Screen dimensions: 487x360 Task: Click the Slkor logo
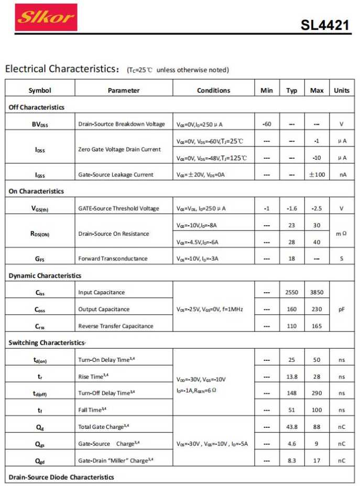coord(46,18)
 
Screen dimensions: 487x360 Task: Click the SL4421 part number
coord(325,25)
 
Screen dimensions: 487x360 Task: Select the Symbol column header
coord(40,91)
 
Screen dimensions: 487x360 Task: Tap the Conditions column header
coord(213,91)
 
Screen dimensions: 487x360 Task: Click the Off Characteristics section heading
coord(37,107)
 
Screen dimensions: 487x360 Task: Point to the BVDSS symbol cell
coord(40,125)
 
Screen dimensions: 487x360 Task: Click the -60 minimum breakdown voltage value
coord(266,124)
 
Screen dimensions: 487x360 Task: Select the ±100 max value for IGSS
coord(317,174)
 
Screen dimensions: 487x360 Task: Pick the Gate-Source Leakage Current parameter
coord(116,175)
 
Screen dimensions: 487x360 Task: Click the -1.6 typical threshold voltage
coord(292,208)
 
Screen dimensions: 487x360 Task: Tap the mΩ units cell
coord(341,234)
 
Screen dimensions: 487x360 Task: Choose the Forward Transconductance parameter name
coord(113,259)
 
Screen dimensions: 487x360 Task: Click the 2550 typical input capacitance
coord(292,292)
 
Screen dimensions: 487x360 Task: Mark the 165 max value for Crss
coord(317,326)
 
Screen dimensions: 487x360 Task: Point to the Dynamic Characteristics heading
coord(45,275)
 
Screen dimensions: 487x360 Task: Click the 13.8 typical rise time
coord(292,377)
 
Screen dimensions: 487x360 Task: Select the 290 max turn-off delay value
coord(317,393)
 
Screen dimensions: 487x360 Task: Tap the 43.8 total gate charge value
coord(292,427)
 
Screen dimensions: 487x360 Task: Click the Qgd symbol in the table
coord(40,461)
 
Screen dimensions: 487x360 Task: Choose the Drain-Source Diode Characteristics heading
coord(61,477)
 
